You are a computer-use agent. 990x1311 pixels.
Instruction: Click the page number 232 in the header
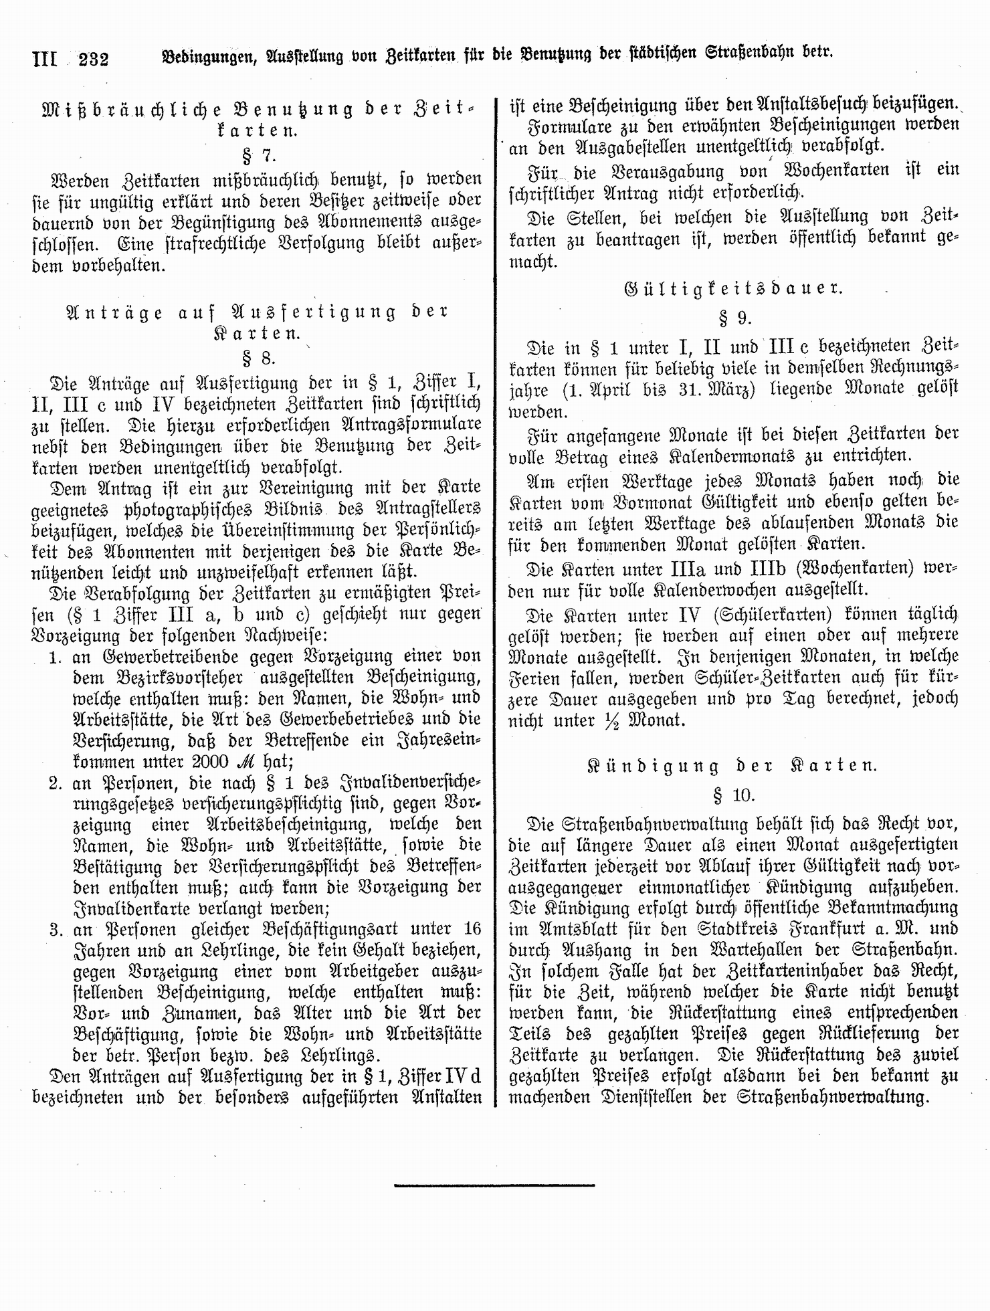94,60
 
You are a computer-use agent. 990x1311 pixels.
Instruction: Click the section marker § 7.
258,156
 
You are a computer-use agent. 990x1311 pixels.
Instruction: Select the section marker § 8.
258,358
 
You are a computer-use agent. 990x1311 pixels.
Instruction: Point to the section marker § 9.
733,318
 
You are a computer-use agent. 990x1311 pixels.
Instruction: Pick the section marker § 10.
733,795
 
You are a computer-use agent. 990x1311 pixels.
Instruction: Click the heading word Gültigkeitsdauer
733,288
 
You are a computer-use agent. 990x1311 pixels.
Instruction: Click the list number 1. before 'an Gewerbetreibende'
56,657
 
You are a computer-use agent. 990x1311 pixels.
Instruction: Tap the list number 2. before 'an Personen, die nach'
56,783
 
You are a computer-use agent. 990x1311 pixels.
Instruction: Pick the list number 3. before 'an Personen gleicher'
56,930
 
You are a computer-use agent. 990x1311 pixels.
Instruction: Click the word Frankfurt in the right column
828,928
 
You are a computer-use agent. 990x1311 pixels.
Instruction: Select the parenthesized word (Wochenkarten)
841,569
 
